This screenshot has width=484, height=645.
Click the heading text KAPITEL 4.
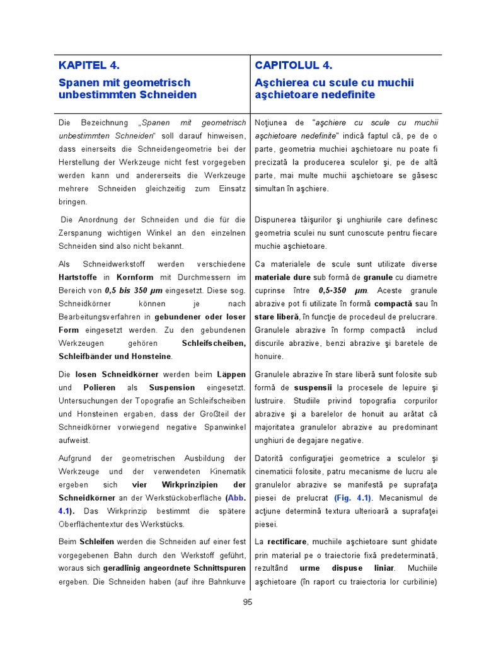pyautogui.click(x=89, y=65)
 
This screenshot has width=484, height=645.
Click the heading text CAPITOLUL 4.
pyautogui.click(x=294, y=65)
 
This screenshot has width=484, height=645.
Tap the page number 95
pyautogui.click(x=247, y=602)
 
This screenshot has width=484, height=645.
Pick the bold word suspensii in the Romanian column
pyautogui.click(x=308, y=387)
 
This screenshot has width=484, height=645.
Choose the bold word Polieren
pyautogui.click(x=100, y=387)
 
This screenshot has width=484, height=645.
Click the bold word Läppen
pyautogui.click(x=231, y=374)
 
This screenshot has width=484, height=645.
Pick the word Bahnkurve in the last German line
pyautogui.click(x=224, y=581)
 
